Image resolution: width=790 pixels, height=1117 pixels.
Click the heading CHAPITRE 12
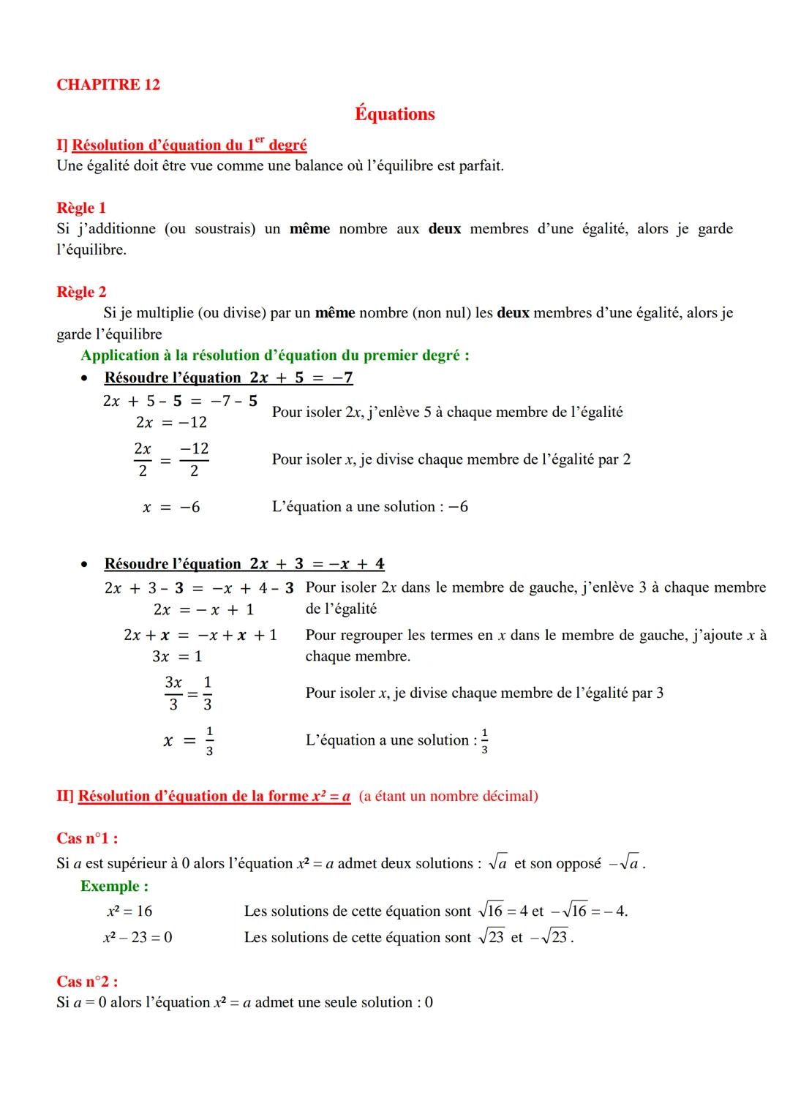[x=108, y=85]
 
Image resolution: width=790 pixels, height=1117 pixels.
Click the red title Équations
[x=394, y=114]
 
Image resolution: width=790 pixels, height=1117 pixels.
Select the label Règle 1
[x=81, y=208]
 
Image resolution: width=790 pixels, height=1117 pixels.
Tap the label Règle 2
[x=81, y=292]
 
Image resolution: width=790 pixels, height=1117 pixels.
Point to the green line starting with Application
[x=275, y=356]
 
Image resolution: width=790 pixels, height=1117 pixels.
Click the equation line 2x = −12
[x=171, y=422]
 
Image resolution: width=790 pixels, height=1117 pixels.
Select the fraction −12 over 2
[x=194, y=459]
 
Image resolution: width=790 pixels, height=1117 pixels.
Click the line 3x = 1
[x=177, y=656]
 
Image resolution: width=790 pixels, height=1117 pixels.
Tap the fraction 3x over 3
[x=173, y=693]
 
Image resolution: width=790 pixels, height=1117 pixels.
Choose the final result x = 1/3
[x=189, y=740]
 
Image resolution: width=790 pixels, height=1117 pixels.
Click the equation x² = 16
[x=129, y=911]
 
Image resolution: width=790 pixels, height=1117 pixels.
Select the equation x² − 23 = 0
[x=138, y=938]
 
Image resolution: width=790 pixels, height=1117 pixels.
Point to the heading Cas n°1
[x=87, y=838]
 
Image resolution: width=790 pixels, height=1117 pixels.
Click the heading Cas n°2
[x=87, y=982]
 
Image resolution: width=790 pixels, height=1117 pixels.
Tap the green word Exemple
[x=114, y=887]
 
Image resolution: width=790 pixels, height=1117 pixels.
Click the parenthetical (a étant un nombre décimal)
[x=448, y=796]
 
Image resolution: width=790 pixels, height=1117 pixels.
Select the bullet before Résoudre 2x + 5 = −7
[x=86, y=378]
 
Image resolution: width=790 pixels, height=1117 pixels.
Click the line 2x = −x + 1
[x=203, y=609]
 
